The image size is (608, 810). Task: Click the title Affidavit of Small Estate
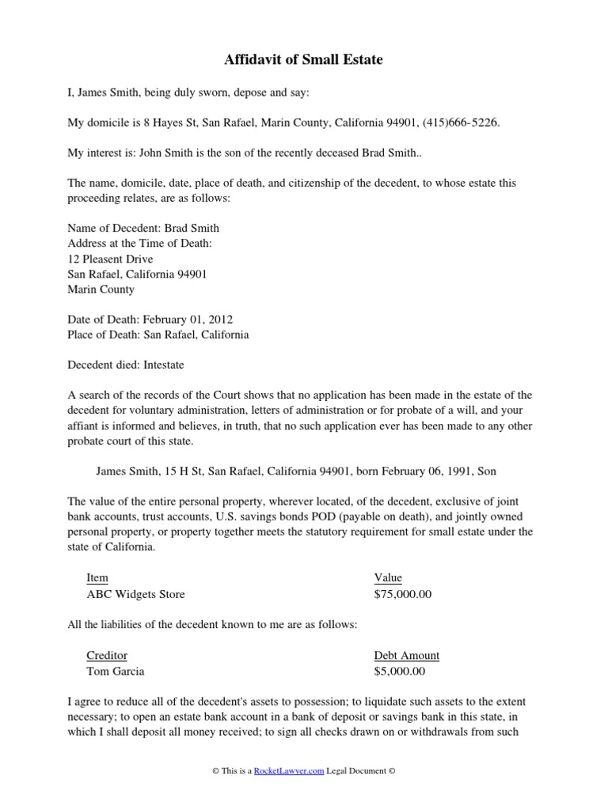click(304, 59)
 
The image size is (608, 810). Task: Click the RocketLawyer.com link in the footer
click(289, 771)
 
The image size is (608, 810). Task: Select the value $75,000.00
click(403, 594)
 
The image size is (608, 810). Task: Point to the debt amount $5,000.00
click(400, 672)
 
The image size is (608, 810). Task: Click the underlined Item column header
click(97, 578)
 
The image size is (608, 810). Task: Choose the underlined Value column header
click(388, 578)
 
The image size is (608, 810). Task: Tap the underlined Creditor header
click(107, 656)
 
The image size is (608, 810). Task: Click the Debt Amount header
click(406, 656)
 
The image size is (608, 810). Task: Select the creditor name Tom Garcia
click(116, 672)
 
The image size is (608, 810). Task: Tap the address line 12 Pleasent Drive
click(110, 259)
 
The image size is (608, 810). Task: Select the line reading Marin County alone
click(101, 290)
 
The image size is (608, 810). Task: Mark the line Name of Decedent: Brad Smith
click(143, 228)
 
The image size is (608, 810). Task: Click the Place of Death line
click(158, 335)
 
